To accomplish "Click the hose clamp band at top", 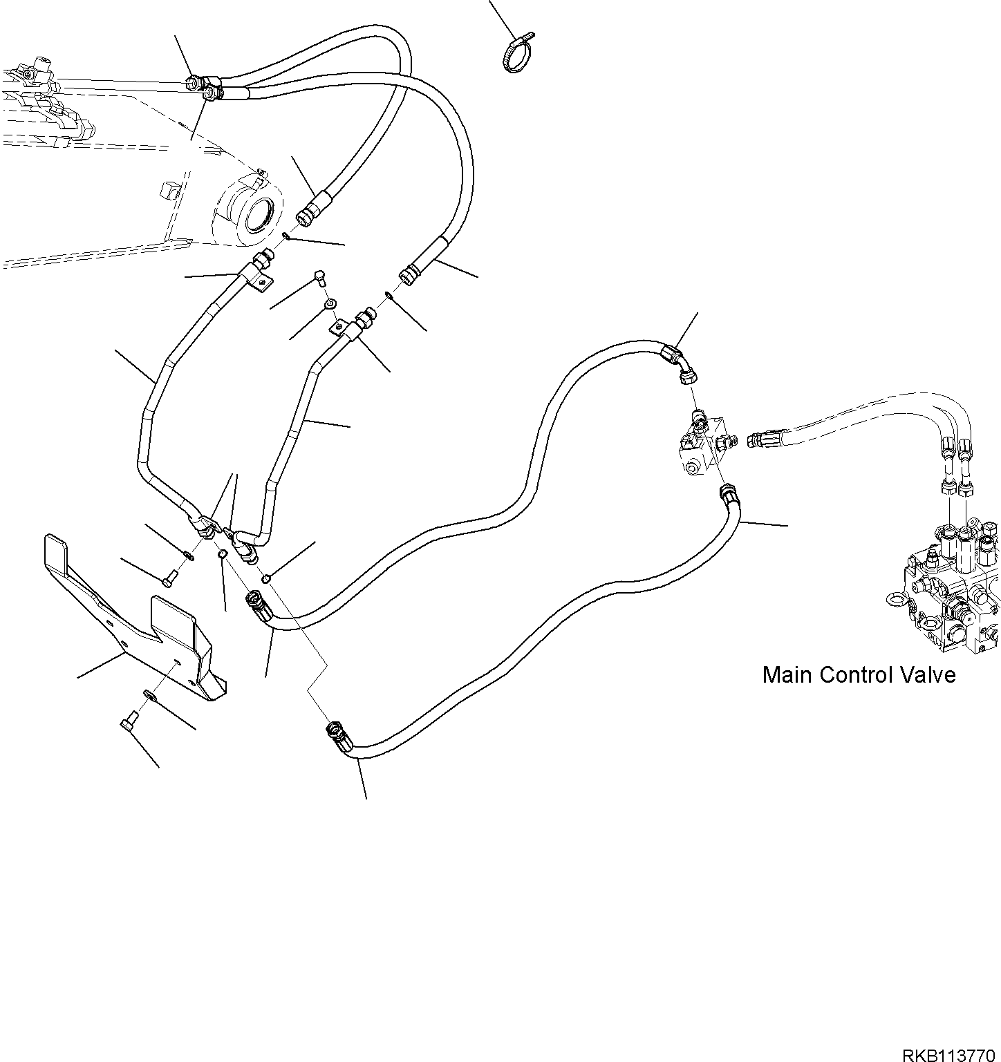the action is coord(518,52).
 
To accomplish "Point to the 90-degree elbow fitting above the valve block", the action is coord(680,364).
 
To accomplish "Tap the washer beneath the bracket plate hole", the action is coord(149,693).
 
